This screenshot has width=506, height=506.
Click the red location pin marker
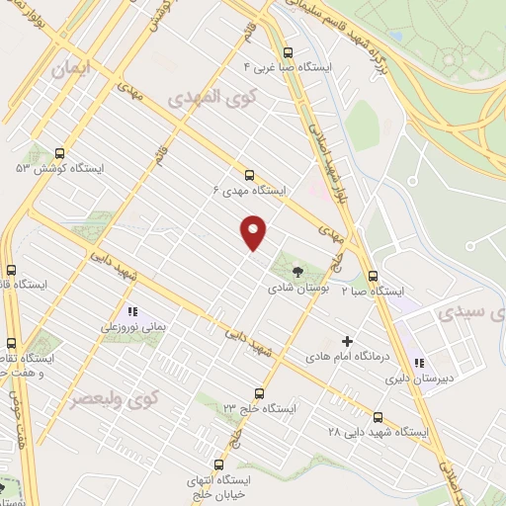tap(254, 232)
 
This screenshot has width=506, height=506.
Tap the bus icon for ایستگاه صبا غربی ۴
tap(288, 53)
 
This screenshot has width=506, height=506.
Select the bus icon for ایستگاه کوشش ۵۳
tap(60, 154)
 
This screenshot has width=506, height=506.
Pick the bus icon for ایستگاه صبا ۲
tap(373, 277)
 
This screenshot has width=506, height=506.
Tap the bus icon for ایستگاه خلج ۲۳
tap(259, 392)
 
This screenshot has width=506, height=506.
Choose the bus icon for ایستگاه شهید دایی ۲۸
tap(379, 417)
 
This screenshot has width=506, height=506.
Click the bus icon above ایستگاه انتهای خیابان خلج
tap(218, 464)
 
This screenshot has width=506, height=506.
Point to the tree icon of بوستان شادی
tap(297, 269)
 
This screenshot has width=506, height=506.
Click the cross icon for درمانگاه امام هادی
tap(346, 340)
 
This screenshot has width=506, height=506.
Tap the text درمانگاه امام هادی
tap(344, 355)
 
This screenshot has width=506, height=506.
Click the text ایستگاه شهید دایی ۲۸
tap(379, 432)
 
